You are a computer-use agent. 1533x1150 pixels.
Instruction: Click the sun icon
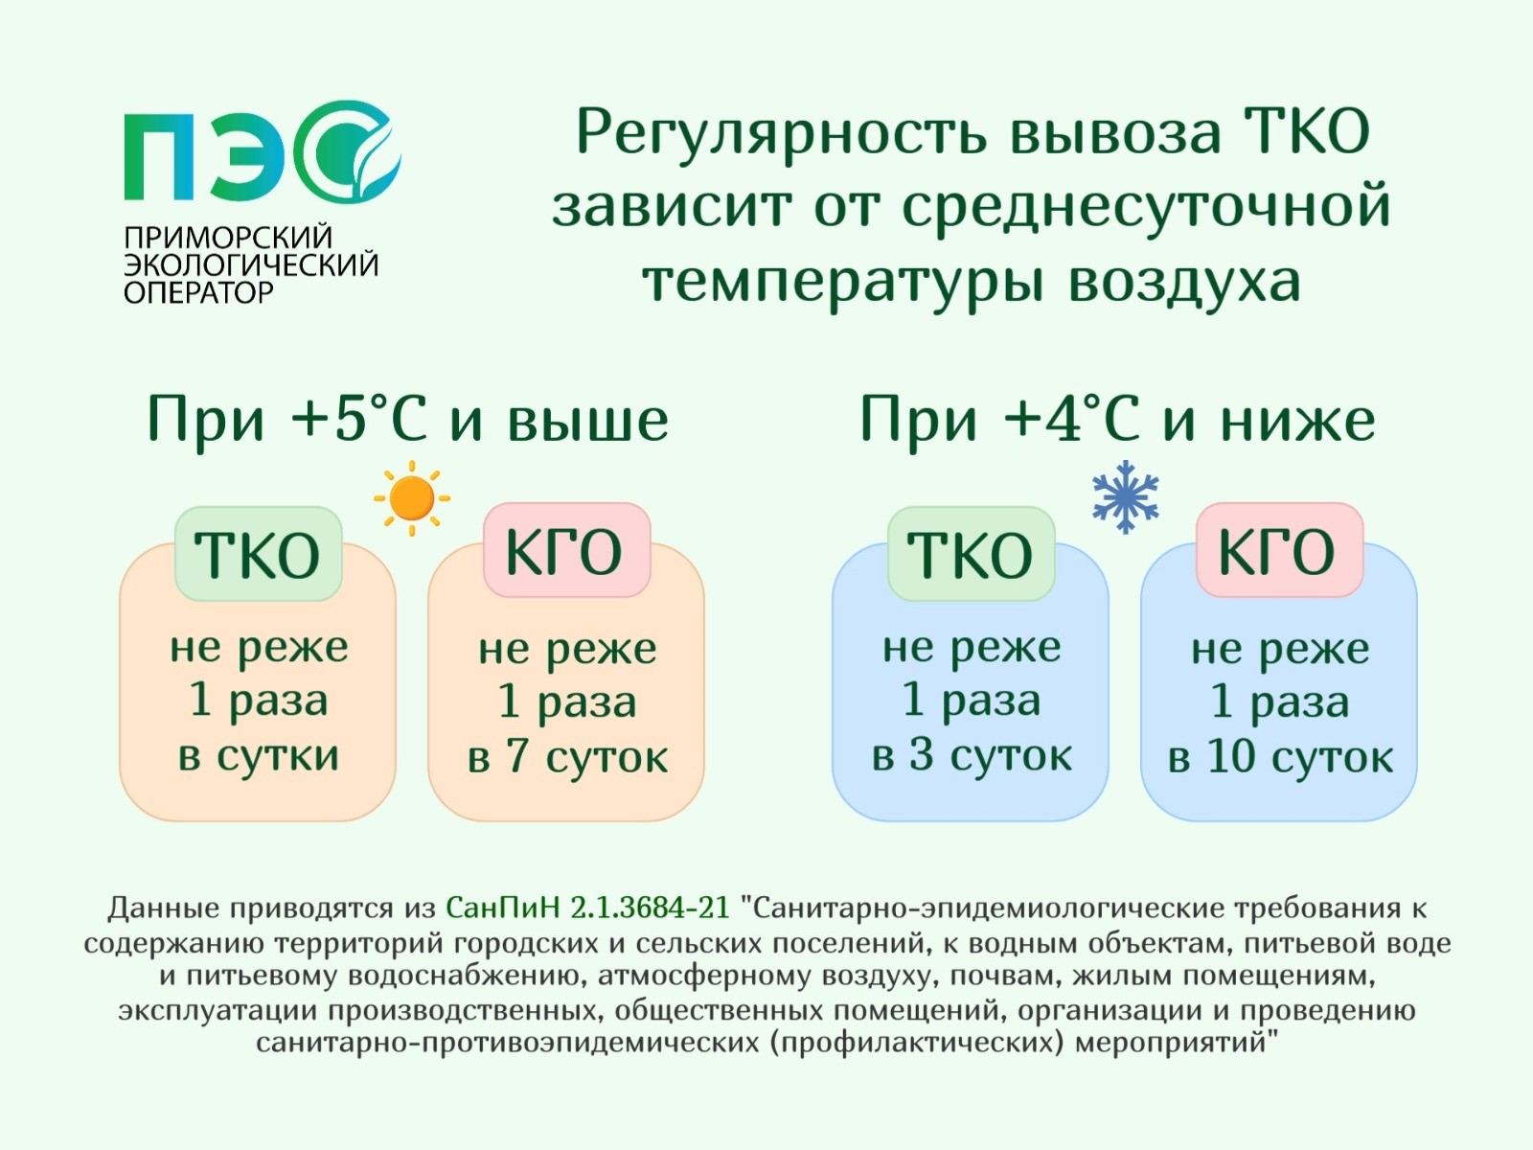coord(412,497)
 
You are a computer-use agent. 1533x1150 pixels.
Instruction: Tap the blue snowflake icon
coord(1125,496)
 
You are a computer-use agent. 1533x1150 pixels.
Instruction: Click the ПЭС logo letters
coord(262,150)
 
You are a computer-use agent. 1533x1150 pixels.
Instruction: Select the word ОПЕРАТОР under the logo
coord(198,292)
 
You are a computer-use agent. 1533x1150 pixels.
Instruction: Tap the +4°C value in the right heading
coord(1071,419)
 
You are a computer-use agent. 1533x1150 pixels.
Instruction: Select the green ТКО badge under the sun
coord(258,554)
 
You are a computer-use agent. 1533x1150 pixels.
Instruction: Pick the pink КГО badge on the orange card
coord(566,550)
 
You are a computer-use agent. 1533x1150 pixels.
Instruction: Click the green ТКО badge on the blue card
coord(971,554)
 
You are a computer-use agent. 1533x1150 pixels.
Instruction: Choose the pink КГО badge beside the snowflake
coord(1279,550)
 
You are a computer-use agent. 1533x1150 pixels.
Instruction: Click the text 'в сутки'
coord(259,755)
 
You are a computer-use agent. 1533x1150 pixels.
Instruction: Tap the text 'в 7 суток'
coord(567,757)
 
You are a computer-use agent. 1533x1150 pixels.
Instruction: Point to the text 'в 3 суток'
coord(972,755)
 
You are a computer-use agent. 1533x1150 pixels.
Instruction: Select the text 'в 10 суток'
coord(1280,757)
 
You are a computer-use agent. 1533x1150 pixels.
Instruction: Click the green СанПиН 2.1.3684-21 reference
coord(587,908)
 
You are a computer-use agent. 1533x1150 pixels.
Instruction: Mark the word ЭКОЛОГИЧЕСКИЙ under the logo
coord(251,265)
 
